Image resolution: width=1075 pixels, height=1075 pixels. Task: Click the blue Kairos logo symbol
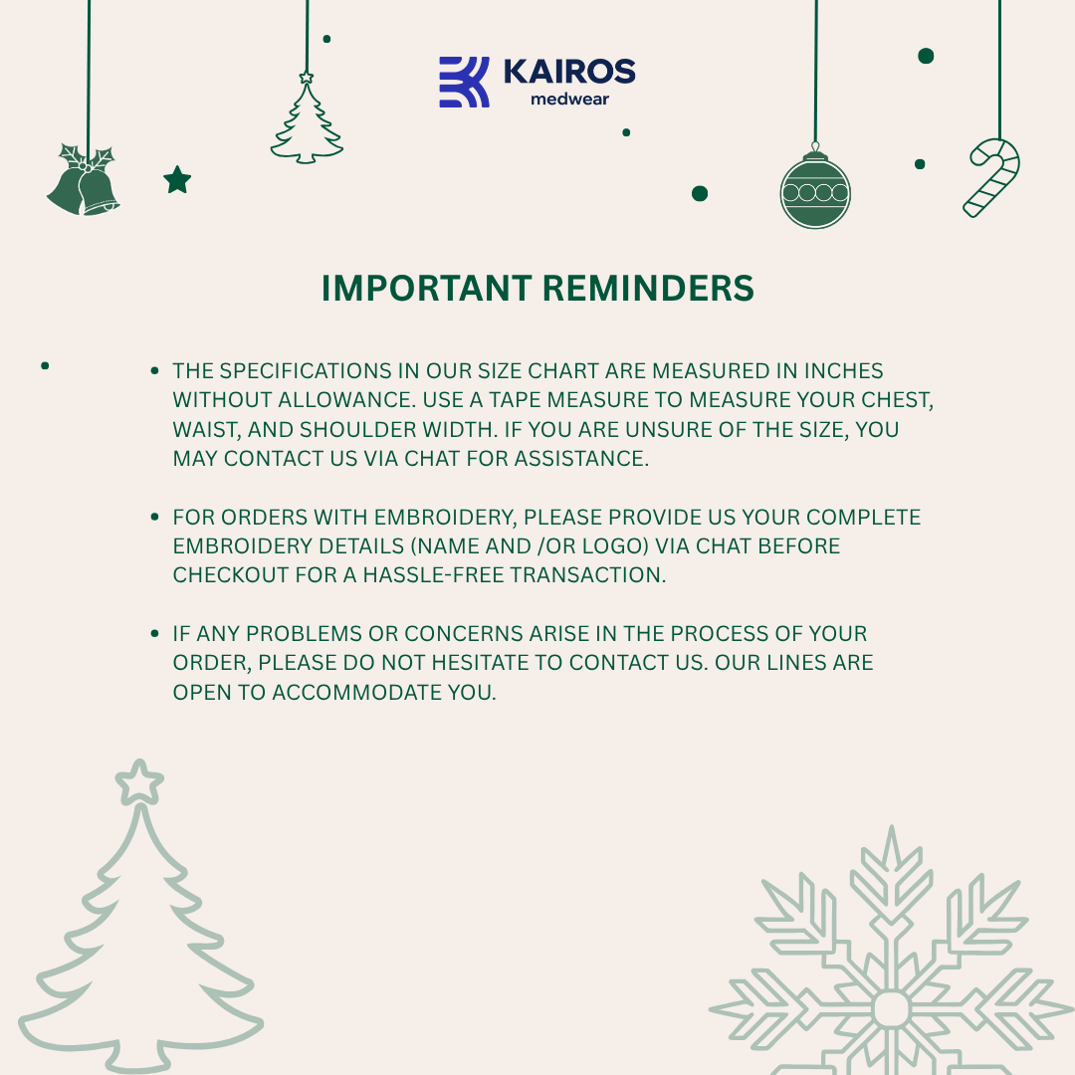464,82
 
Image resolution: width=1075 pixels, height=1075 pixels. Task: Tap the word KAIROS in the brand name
569,72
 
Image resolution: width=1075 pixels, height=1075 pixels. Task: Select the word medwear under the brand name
569,100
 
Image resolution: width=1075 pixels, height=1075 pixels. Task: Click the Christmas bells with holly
84,181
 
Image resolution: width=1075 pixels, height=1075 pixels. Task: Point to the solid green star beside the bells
177,180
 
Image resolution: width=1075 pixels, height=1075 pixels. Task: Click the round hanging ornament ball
815,190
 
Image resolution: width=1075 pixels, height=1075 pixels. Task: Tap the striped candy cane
991,176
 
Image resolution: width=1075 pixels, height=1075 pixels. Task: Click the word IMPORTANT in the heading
425,289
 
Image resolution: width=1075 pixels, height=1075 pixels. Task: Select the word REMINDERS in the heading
648,289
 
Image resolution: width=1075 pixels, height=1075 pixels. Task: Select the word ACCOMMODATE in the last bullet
343,692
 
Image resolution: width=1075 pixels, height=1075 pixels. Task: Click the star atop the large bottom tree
138,782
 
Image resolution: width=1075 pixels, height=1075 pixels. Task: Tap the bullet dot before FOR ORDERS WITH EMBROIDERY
154,518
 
